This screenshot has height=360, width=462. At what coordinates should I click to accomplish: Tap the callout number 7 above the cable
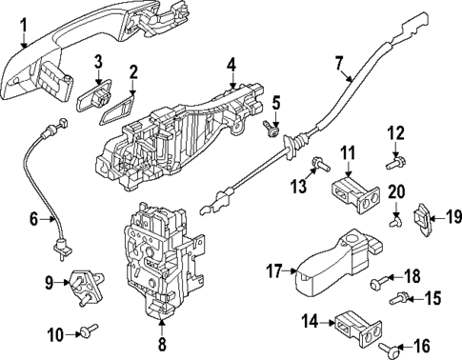[x=338, y=65]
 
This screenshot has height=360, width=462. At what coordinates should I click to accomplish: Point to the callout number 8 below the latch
[x=163, y=345]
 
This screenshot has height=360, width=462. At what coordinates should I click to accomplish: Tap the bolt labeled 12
[x=392, y=164]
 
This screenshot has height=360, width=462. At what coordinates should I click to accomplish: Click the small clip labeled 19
[x=422, y=218]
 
